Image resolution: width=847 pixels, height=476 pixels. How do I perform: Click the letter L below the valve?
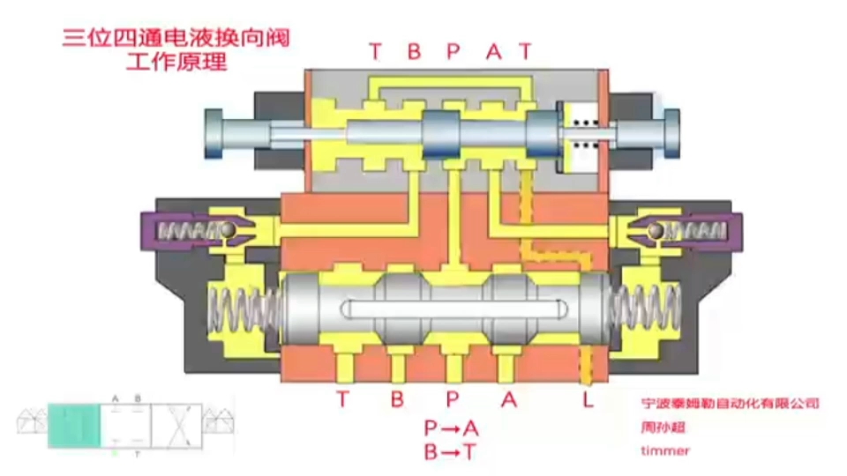588,399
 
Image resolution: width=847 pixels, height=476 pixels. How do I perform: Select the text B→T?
451,452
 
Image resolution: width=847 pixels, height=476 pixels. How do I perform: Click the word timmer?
665,450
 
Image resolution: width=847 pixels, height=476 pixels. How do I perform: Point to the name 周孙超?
663,427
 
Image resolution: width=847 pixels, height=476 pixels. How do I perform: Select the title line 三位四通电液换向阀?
176,38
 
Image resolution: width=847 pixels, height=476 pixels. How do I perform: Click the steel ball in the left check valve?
229,231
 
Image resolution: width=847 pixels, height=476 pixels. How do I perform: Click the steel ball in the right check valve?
655,231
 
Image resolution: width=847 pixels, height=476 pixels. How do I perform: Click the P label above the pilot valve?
453,52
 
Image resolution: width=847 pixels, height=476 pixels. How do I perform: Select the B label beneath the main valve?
397,399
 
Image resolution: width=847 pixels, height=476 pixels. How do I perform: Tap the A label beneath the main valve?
508,399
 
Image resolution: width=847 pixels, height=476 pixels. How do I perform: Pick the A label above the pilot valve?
493,52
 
